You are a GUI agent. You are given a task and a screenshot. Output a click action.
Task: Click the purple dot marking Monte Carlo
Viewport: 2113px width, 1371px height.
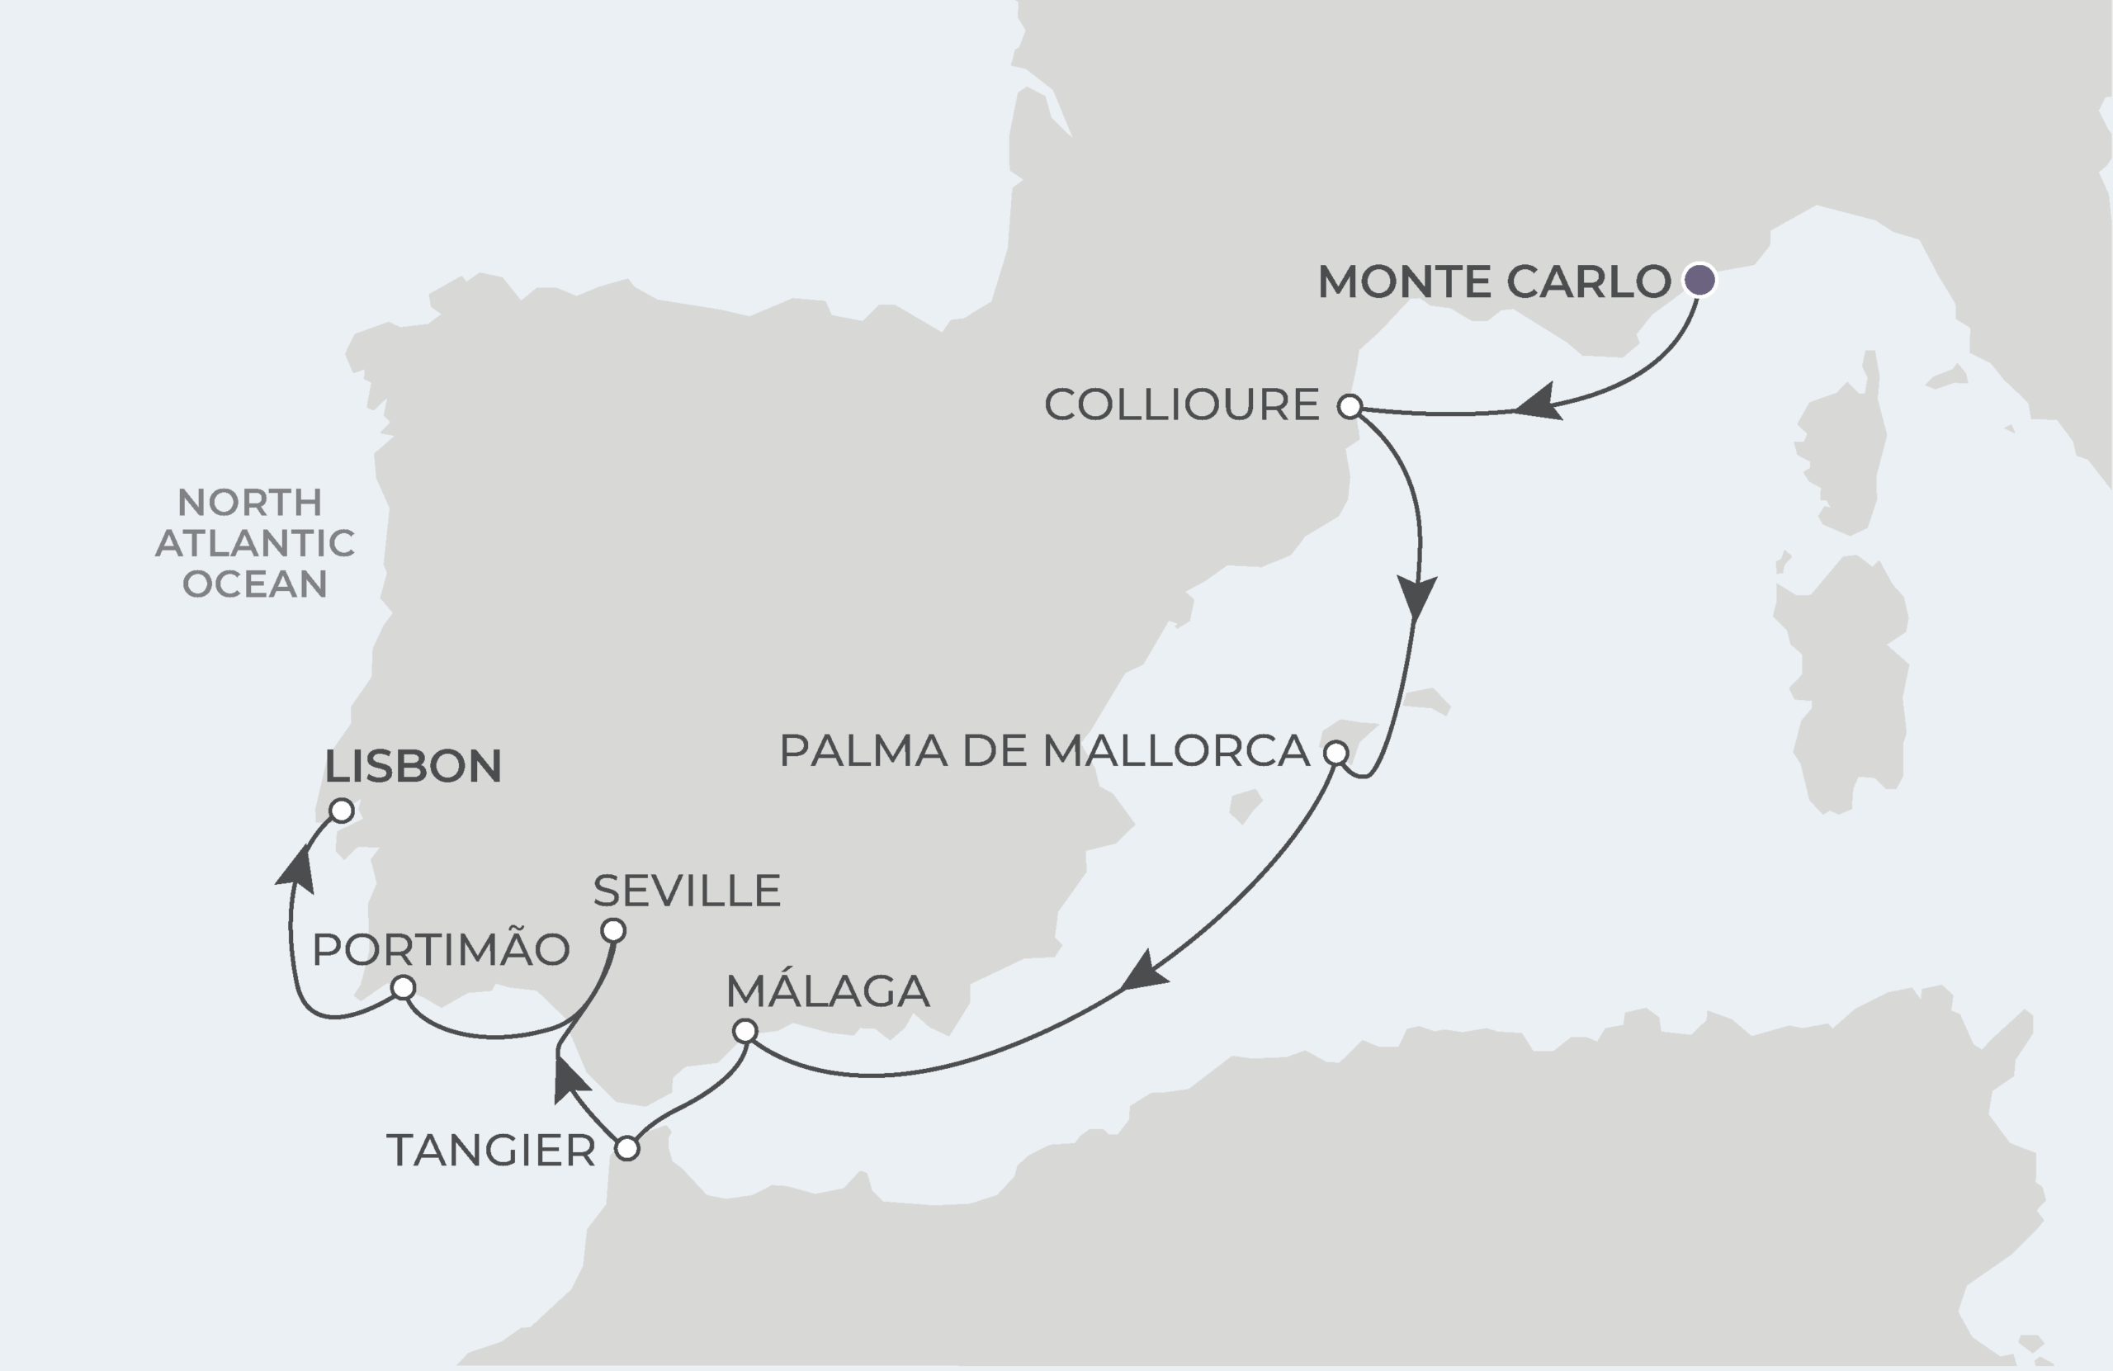tap(1699, 280)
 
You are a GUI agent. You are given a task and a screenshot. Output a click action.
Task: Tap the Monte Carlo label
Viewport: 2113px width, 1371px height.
tap(1494, 281)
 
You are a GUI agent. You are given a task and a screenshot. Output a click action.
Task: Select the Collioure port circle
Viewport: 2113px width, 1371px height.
tap(1350, 407)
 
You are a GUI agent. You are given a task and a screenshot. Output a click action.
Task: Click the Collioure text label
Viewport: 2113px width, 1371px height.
tap(1182, 405)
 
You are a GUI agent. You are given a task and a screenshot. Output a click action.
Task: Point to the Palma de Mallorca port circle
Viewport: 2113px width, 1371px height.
tap(1336, 754)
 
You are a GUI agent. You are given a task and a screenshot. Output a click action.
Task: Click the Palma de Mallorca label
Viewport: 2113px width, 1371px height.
tap(1044, 751)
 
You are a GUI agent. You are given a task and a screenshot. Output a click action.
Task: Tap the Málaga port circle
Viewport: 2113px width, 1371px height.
tap(745, 1031)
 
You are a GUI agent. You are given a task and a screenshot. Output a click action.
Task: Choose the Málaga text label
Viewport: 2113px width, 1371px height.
tap(827, 991)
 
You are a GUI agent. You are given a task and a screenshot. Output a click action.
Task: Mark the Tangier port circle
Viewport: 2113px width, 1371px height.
tap(626, 1148)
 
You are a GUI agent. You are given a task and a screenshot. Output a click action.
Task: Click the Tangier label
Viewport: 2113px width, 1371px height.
tap(491, 1151)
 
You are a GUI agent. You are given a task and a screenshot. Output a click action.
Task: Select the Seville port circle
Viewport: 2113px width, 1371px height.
tap(613, 930)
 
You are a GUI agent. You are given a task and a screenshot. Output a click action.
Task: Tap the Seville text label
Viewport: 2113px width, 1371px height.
tap(686, 891)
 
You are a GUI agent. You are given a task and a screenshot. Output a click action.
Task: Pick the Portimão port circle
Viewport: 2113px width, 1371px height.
tap(403, 987)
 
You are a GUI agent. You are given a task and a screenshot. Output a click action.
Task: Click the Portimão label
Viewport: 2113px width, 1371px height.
tap(442, 948)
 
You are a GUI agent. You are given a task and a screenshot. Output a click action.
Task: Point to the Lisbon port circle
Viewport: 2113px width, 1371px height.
tap(342, 810)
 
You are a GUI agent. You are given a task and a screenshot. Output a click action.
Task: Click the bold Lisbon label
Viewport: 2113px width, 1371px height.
tap(413, 765)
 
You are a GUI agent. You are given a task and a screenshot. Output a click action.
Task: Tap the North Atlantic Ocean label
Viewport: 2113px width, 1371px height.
tap(255, 542)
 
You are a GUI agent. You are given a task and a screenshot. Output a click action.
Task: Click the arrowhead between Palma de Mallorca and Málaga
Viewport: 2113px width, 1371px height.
tap(1143, 973)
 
